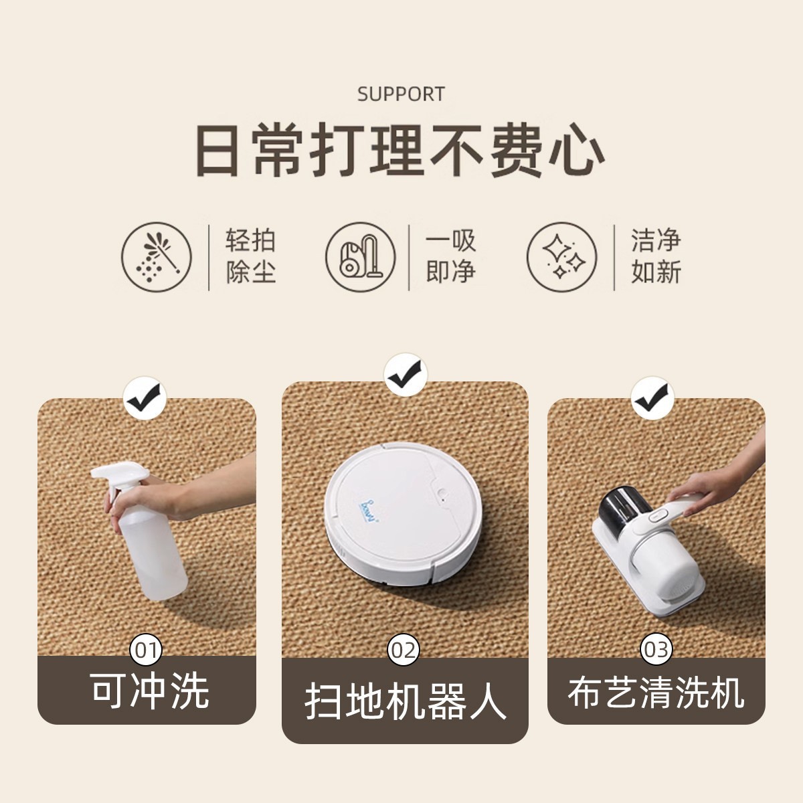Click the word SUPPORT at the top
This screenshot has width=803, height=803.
pos(401,94)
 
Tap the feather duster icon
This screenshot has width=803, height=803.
pos(157,257)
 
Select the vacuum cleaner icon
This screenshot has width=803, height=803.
pos(361,257)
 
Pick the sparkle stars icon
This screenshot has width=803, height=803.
pos(561,257)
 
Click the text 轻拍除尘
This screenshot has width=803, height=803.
pos(251,256)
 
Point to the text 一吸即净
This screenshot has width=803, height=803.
pos(450,256)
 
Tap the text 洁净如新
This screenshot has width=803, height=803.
pos(656,256)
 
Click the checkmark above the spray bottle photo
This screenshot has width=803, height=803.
pos(145,397)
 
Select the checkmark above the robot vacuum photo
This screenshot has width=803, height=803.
pos(406,374)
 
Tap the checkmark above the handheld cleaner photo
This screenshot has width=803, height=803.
pos(652,397)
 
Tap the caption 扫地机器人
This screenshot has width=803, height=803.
pos(405,704)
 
